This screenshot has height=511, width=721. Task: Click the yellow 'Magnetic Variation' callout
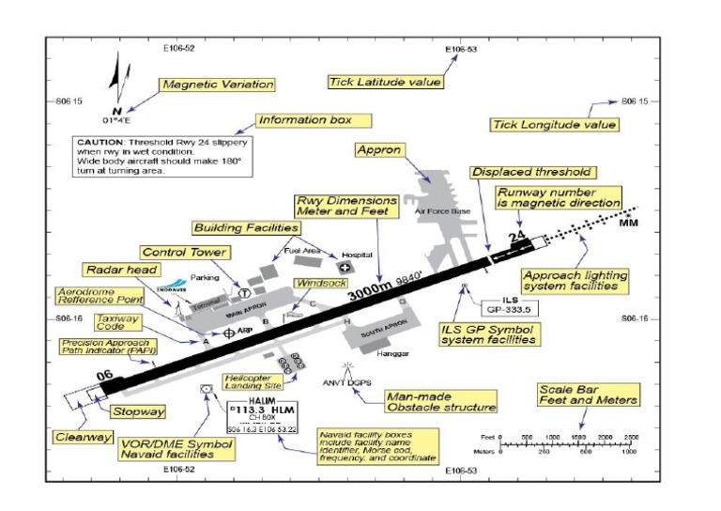(216, 85)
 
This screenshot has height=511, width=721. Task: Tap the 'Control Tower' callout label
(183, 252)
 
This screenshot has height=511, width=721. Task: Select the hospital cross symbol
(344, 268)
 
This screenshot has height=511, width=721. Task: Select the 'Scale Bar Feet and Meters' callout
(589, 394)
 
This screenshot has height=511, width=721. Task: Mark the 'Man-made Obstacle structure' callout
(441, 402)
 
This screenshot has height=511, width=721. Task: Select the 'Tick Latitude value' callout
(384, 82)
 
